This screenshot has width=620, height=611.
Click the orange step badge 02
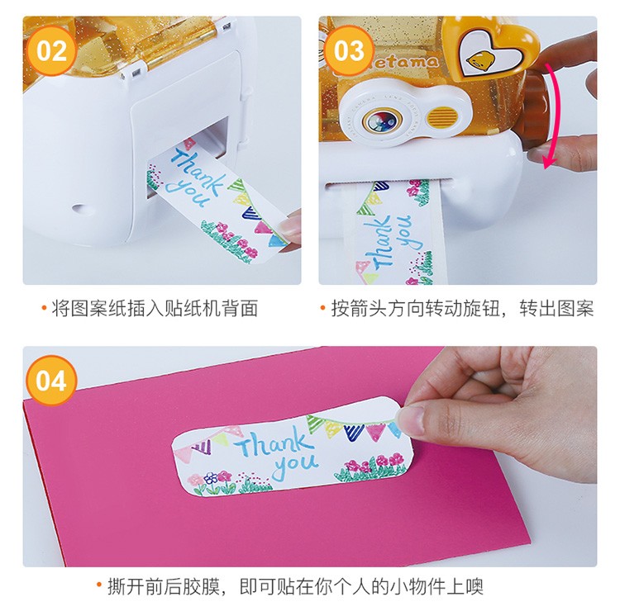(51, 51)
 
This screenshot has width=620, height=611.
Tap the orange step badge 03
(349, 51)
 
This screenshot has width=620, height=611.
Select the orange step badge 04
(51, 380)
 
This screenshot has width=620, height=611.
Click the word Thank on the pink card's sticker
(273, 443)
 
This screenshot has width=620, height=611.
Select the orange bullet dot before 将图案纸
(45, 307)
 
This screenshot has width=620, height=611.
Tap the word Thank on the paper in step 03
(380, 243)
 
